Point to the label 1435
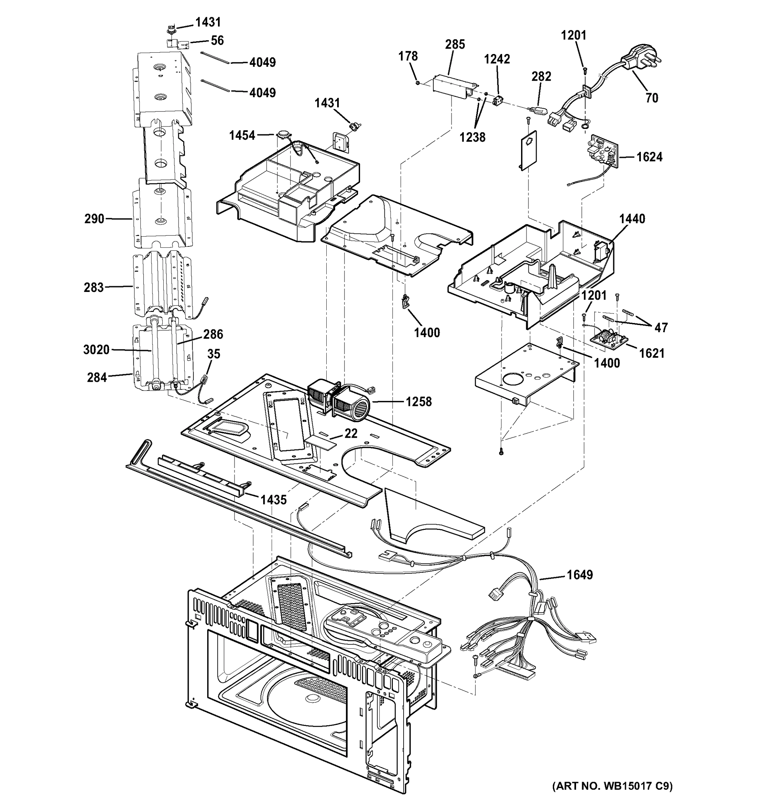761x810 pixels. point(273,500)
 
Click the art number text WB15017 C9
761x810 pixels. point(612,786)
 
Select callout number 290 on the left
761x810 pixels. point(94,219)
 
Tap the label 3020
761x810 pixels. point(96,350)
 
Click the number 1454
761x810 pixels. point(242,135)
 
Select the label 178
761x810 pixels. point(408,56)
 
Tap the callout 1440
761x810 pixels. point(632,219)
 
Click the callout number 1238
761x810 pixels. point(472,137)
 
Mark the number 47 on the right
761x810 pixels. point(661,328)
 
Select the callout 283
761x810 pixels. point(94,288)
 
